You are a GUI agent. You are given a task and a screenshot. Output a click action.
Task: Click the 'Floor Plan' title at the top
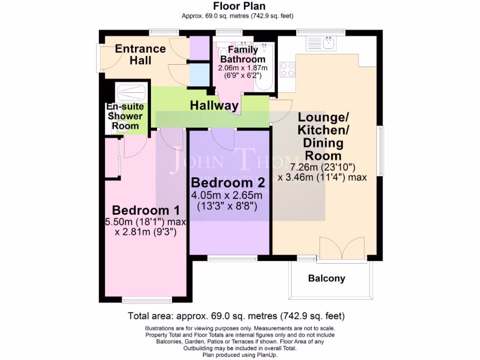click(x=240, y=6)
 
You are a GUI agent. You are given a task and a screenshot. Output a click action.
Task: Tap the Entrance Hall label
click(x=140, y=54)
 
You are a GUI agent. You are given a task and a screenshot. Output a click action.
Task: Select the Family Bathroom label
click(x=243, y=54)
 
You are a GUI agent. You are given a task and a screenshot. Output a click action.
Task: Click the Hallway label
click(x=214, y=106)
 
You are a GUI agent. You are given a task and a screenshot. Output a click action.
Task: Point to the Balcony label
click(x=326, y=278)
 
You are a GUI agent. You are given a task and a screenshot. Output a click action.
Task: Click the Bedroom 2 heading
click(x=228, y=182)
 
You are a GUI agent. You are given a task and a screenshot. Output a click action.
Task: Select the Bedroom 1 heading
click(x=140, y=210)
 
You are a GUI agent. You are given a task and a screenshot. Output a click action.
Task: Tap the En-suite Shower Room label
click(x=125, y=116)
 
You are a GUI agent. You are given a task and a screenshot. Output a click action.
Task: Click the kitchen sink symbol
click(x=320, y=43)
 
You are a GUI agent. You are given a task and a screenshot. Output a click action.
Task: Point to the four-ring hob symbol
click(x=287, y=69)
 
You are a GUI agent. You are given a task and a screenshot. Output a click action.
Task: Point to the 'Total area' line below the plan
click(x=240, y=315)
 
